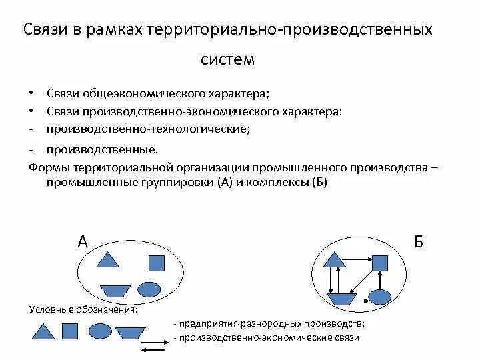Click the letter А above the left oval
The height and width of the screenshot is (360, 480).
tap(83, 241)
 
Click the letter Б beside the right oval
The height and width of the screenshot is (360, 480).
tap(419, 241)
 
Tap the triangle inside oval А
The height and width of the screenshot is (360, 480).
tap(107, 259)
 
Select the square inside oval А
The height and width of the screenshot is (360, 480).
tap(156, 263)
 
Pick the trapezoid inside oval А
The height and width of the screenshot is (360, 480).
tap(115, 291)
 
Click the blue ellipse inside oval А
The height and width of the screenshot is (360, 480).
tap(149, 289)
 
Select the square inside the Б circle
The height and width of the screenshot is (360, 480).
tap(379, 263)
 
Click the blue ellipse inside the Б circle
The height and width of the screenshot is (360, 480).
tap(379, 297)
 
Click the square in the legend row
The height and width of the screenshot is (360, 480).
tap(70, 331)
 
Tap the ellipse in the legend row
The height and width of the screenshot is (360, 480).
tap(100, 331)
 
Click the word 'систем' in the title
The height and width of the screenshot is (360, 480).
tap(228, 59)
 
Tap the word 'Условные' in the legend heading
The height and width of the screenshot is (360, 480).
tap(49, 309)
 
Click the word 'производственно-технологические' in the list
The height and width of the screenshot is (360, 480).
tap(148, 128)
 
